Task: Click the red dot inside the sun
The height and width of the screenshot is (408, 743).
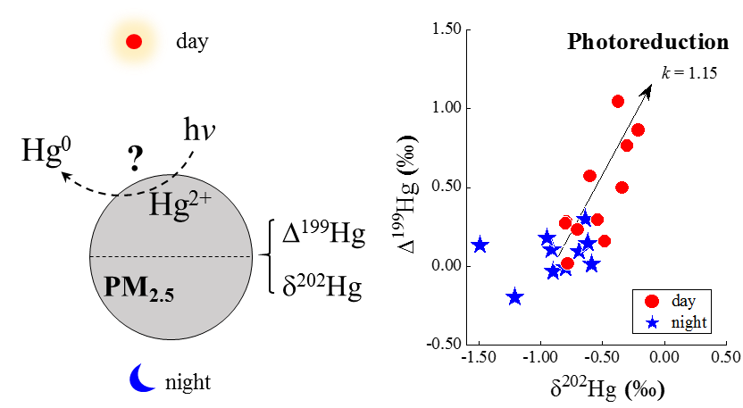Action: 134,41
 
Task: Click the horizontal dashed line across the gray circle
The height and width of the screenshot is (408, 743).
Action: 171,257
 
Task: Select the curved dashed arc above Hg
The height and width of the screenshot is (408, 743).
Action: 146,187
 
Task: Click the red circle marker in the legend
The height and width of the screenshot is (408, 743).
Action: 652,302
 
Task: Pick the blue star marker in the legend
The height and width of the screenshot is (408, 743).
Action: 652,322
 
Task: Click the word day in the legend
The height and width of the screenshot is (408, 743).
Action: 684,302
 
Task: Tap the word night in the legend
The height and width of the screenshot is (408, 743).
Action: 689,322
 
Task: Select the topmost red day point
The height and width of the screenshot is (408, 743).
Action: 617,101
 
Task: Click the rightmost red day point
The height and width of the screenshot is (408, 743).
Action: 638,129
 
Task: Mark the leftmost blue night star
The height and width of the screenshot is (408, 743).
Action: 480,244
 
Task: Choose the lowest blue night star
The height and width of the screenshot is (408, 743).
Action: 514,296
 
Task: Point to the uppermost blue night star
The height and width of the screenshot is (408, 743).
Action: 585,217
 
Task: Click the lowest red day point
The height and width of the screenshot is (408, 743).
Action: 566,262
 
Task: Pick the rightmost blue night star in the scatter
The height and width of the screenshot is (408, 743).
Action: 591,263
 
